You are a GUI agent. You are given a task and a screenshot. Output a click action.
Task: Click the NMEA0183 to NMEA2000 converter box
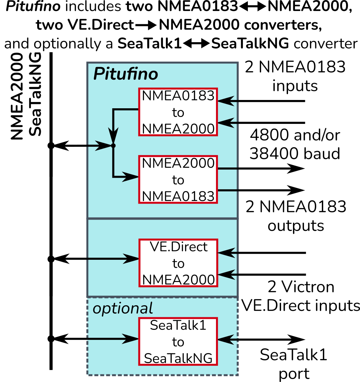coord(178,112)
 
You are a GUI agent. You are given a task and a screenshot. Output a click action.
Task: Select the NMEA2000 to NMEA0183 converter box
coord(178,179)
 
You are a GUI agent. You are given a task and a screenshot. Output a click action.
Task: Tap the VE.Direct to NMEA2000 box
coord(178,263)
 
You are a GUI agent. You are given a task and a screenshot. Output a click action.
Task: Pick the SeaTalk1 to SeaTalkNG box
coord(178,341)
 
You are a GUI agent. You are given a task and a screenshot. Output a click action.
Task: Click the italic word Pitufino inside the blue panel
coord(125,74)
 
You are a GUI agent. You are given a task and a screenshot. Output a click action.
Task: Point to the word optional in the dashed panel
coord(122,309)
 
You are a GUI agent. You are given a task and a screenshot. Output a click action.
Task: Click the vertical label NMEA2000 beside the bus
coord(17,96)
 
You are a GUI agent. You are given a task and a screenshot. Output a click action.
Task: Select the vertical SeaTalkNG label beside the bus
coord(35,94)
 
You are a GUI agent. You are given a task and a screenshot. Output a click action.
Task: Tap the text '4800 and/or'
coord(295,135)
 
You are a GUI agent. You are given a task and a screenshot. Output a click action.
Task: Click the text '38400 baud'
coord(295,153)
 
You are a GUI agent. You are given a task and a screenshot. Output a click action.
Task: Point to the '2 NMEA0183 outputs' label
coord(296,216)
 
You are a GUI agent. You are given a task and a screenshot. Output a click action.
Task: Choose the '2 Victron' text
coord(301,287)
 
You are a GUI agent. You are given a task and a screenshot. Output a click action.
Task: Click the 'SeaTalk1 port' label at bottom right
coord(294,364)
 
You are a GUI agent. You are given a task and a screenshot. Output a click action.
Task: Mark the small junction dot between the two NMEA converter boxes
coord(113,145)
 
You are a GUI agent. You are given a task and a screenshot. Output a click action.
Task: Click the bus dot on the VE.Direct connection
coord(51,259)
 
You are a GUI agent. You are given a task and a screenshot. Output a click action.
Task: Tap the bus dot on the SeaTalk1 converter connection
coord(51,339)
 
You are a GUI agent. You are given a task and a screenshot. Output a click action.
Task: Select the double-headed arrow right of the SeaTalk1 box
coord(261,339)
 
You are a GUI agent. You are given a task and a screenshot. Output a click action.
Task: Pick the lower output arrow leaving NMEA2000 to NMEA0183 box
coord(261,190)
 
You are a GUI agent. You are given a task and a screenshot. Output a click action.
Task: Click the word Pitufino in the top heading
coord(33,7)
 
